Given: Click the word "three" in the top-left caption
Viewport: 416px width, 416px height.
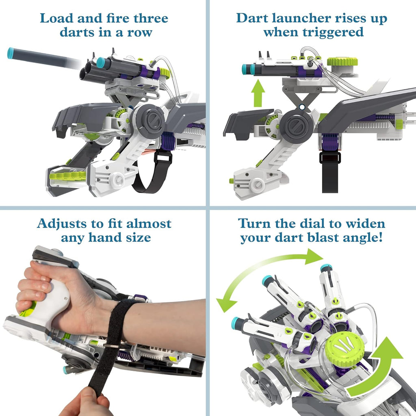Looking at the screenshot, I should point(148,19).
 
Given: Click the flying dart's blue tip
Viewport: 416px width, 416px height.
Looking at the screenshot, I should point(11,53).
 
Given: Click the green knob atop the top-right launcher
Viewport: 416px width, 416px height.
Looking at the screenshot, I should point(342,62).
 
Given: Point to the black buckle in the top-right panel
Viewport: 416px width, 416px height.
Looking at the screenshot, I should point(330,158).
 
